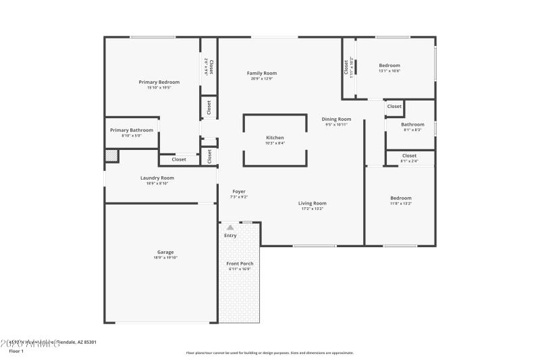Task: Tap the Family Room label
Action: [x=261, y=73]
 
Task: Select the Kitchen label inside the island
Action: [x=275, y=137]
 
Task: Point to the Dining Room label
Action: [x=336, y=119]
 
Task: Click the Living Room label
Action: [x=313, y=203]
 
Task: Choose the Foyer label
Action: [x=239, y=191]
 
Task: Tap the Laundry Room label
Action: [x=157, y=178]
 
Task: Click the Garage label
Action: [x=165, y=252]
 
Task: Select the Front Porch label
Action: [x=239, y=263]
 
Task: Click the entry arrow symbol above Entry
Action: [x=230, y=228]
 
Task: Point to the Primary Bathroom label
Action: [x=132, y=130]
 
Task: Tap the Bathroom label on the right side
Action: [x=412, y=124]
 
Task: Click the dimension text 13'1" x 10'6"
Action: [x=389, y=71]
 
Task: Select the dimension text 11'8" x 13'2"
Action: [x=400, y=203]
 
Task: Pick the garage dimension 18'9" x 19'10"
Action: [x=165, y=258]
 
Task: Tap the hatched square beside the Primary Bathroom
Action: [x=111, y=156]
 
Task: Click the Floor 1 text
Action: [x=17, y=351]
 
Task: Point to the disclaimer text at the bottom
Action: [x=269, y=353]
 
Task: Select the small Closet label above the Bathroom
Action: [x=394, y=106]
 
